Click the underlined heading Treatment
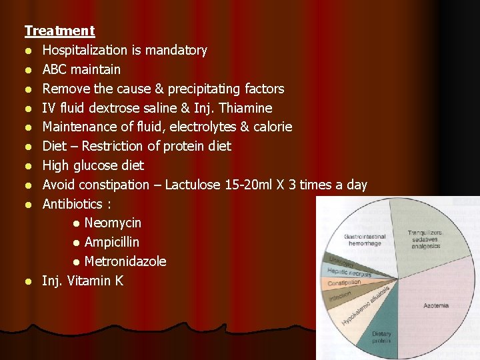[x=59, y=31]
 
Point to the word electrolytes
[x=180, y=127]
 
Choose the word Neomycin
[x=113, y=223]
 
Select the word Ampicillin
[x=112, y=242]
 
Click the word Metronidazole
[x=125, y=261]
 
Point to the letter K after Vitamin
[x=119, y=281]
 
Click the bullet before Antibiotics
[x=29, y=204]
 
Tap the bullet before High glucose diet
[x=29, y=165]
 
